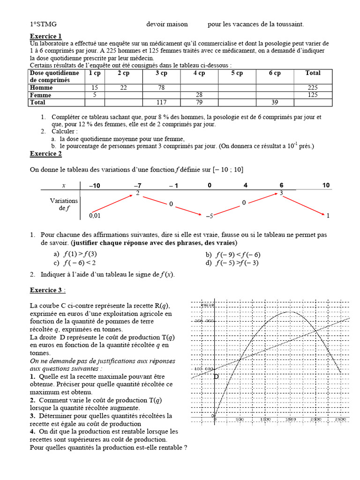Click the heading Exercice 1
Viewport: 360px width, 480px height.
coord(45,36)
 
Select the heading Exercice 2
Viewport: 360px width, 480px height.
coord(45,153)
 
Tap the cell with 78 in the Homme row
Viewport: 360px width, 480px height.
coord(161,88)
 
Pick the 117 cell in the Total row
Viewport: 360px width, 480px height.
coord(161,102)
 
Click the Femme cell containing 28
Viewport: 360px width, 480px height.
coord(199,95)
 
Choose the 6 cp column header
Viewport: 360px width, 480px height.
coord(275,73)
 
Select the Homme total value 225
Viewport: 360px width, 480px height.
coord(313,88)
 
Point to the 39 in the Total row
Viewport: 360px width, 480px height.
coord(275,102)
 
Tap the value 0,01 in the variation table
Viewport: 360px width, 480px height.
coord(95,216)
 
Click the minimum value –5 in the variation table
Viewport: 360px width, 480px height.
coord(210,216)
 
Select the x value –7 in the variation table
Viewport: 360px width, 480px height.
coord(137,186)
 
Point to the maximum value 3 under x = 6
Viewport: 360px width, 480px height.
coord(281,193)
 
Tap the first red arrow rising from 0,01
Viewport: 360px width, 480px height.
coord(112,204)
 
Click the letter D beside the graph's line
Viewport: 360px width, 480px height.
coord(216,376)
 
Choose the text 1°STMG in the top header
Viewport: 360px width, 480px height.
coord(40,24)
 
